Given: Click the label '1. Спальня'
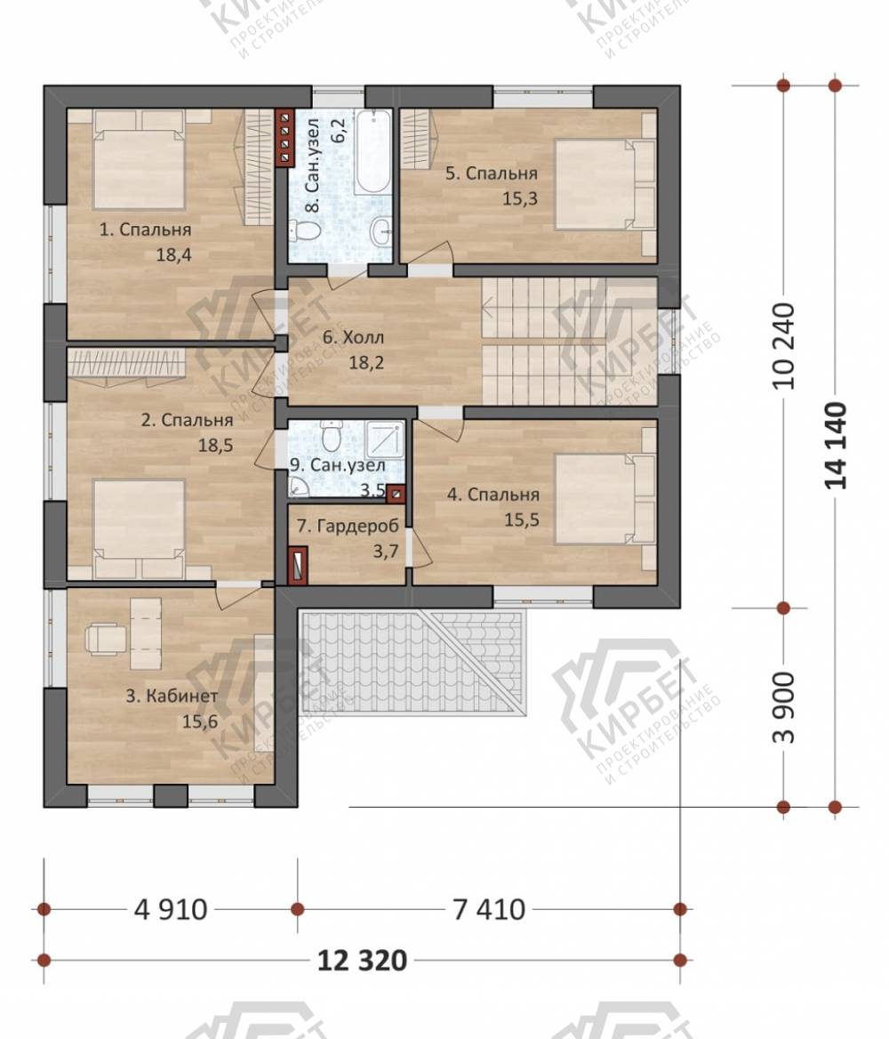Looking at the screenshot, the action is (x=145, y=230).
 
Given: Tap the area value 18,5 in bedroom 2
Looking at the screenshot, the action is (x=215, y=446).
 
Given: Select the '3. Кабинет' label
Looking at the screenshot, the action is (x=172, y=697).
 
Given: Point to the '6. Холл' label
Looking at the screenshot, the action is (x=353, y=337).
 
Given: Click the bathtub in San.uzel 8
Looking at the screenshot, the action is (x=373, y=152).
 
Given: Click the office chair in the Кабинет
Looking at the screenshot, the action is (x=106, y=638).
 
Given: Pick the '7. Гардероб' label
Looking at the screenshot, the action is (x=348, y=526).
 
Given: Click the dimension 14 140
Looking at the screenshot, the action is (x=836, y=446).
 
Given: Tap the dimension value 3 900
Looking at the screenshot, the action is (x=784, y=708).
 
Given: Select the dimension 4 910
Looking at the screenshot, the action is (x=171, y=910).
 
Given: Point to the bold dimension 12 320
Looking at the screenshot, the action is (x=363, y=960).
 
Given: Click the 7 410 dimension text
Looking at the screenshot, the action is (x=489, y=910).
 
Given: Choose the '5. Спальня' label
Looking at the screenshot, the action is (x=491, y=173).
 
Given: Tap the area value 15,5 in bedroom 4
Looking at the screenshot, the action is (x=521, y=520).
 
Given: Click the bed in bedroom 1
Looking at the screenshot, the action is (x=140, y=160).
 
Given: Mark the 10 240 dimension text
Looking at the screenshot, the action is (x=784, y=346).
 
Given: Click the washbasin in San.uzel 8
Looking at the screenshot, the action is (x=382, y=231).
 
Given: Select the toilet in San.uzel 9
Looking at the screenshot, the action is (x=331, y=435).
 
